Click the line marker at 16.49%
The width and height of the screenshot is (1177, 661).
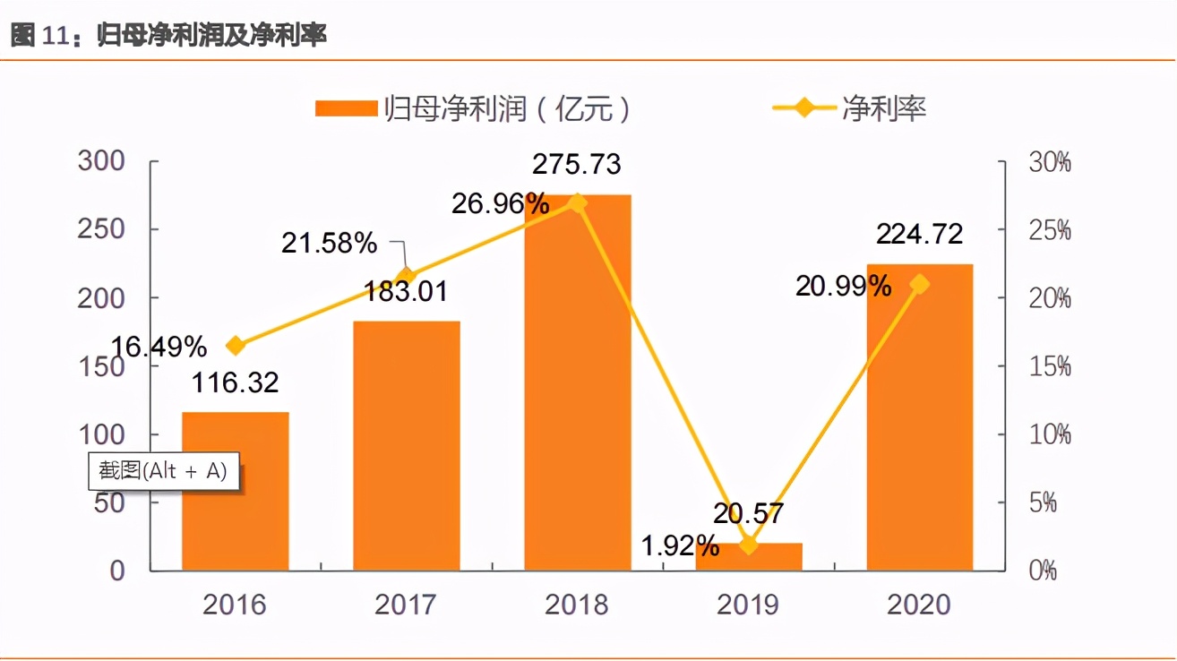[236, 346]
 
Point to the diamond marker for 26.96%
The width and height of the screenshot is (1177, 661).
[578, 203]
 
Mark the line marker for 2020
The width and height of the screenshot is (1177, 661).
[919, 285]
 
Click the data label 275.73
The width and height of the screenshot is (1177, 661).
[576, 165]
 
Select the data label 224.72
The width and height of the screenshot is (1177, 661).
[919, 234]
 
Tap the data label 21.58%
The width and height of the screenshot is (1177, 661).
[330, 243]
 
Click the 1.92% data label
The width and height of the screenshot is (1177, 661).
[680, 544]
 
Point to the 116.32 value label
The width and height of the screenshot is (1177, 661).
[236, 383]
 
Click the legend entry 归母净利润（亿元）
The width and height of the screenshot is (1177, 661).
[475, 108]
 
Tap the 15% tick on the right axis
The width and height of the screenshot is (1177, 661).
[1049, 366]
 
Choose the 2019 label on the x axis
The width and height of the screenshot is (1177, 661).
[749, 605]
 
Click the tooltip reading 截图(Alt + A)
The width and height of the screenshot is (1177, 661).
[164, 471]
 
